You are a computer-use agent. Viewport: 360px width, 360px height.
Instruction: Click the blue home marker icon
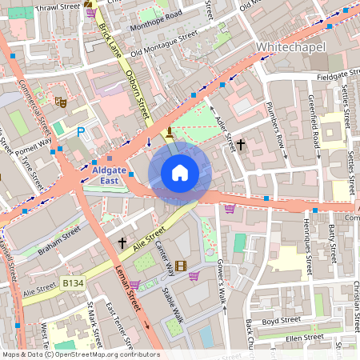coord(180,173)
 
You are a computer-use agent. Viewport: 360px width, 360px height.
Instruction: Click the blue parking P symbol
coord(80,131)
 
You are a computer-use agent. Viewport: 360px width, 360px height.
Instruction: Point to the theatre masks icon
coord(59,102)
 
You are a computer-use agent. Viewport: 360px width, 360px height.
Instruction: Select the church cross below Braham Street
coord(122,242)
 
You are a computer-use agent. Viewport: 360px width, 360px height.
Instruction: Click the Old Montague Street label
coord(164,45)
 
